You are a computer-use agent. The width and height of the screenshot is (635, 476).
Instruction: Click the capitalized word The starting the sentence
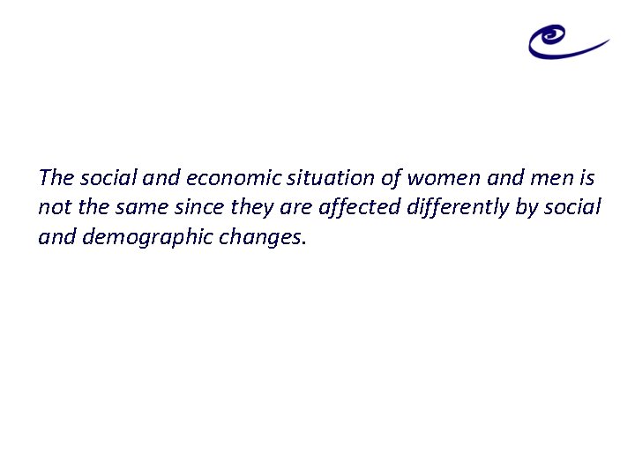[56, 178]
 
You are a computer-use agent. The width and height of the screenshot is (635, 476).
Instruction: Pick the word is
[587, 178]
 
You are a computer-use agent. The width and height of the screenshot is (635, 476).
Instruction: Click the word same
[144, 208]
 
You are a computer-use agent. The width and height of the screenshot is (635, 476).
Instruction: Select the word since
[203, 208]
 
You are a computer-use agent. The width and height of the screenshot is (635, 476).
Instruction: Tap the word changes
[263, 237]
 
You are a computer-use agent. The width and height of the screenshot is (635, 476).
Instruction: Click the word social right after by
[573, 208]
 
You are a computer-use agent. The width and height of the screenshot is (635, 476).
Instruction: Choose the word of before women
[392, 178]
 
